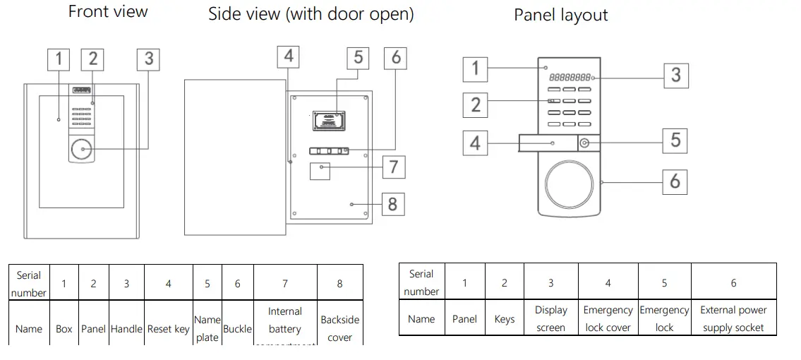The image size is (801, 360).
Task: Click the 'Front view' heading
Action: coord(108,11)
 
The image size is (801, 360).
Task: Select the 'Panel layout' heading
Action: coord(560,16)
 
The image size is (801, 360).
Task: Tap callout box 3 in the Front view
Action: coord(148,59)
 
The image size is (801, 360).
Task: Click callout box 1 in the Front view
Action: coord(59,59)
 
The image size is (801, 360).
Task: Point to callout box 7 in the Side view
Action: coord(393,167)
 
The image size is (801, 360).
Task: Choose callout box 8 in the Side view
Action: coord(392,205)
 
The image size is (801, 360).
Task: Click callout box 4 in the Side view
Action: coord(289,56)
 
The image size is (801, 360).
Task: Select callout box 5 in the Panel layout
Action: coord(675,140)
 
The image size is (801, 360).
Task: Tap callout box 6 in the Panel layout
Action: coord(675,181)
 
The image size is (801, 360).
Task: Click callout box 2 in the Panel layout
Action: coord(475,105)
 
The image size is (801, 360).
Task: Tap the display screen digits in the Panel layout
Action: coord(570,77)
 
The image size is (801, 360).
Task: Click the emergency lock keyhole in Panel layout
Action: coord(584,143)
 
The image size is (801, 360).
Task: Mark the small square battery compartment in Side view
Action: coord(320,169)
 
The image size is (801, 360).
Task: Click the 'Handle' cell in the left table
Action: coord(126,329)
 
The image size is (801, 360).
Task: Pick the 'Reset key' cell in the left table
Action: coord(168,329)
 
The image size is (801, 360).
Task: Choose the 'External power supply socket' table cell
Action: coord(733,319)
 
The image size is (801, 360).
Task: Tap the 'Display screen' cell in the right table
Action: coord(550,319)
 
